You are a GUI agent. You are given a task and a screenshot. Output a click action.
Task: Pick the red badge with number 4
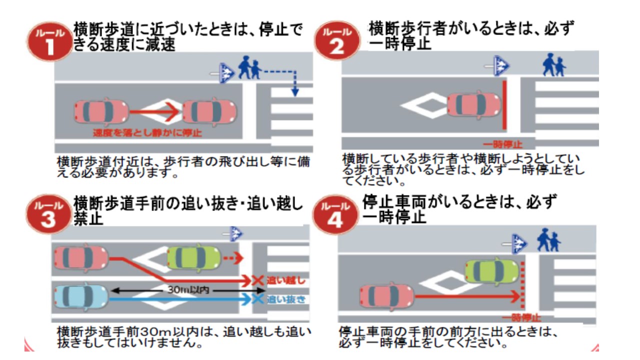coord(335,215)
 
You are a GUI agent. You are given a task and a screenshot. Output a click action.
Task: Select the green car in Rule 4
coord(491,270)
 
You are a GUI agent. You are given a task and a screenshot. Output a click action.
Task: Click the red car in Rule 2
coord(473,104)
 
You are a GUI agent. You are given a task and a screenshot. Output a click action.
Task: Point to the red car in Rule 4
coord(386,296)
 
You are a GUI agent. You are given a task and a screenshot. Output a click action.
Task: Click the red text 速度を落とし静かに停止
coord(147,133)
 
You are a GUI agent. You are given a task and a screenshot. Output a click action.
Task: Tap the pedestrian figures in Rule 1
coord(250,68)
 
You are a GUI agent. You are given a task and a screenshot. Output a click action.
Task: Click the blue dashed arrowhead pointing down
coord(295,92)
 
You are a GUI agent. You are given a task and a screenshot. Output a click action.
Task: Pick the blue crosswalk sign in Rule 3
coord(235,233)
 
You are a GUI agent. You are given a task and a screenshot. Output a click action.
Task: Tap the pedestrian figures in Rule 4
coord(549,241)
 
